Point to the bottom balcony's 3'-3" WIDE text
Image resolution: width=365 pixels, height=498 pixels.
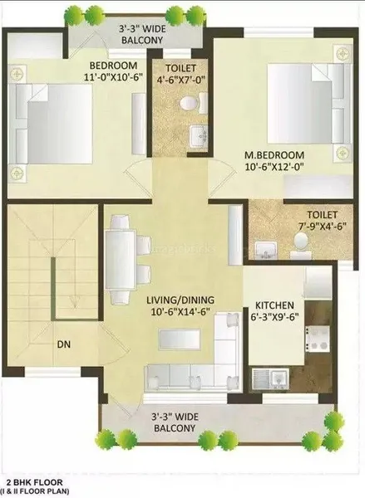click(174, 416)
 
